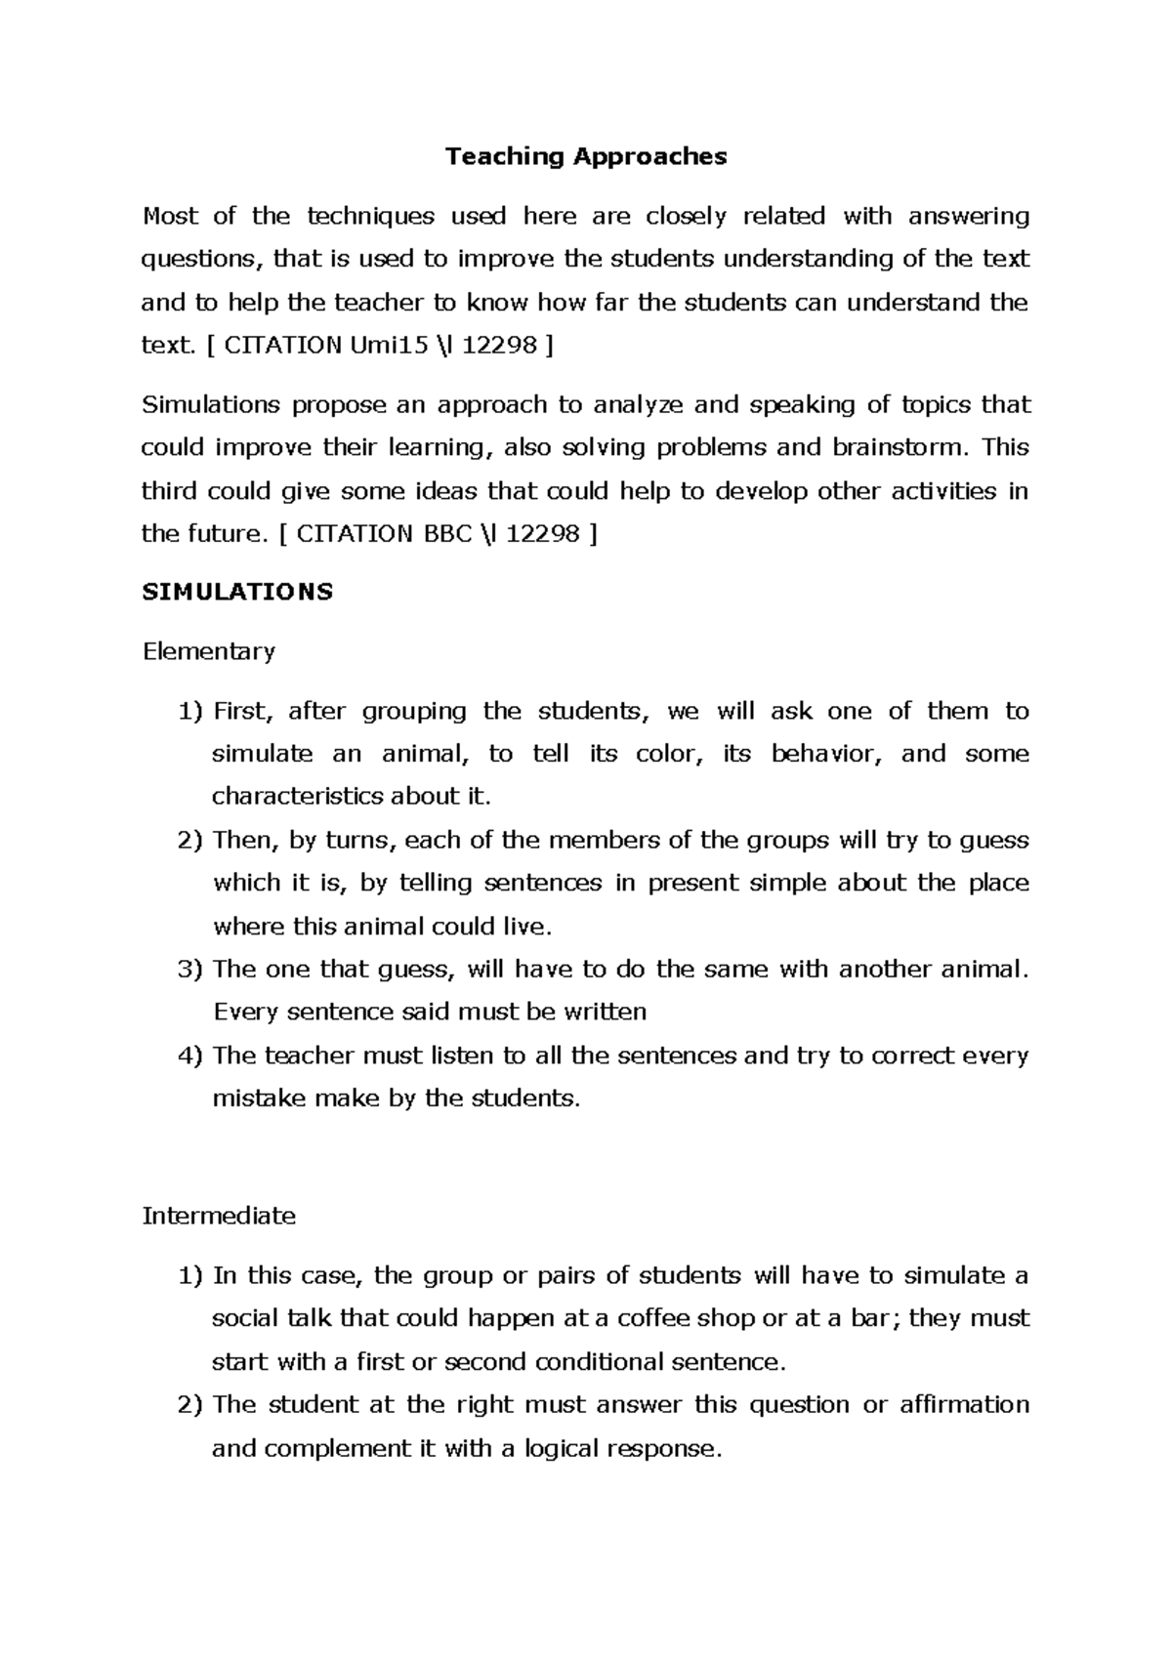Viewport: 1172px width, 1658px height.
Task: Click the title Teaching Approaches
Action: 586,156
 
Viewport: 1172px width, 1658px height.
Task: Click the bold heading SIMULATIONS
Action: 237,592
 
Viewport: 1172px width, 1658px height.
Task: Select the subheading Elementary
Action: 209,651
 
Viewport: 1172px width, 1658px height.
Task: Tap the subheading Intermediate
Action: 219,1216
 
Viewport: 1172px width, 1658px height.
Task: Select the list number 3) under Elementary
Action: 190,969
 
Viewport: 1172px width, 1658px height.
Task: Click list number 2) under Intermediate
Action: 190,1404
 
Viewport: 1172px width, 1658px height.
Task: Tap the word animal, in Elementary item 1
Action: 425,754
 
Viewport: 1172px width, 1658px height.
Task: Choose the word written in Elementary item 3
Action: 605,1012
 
